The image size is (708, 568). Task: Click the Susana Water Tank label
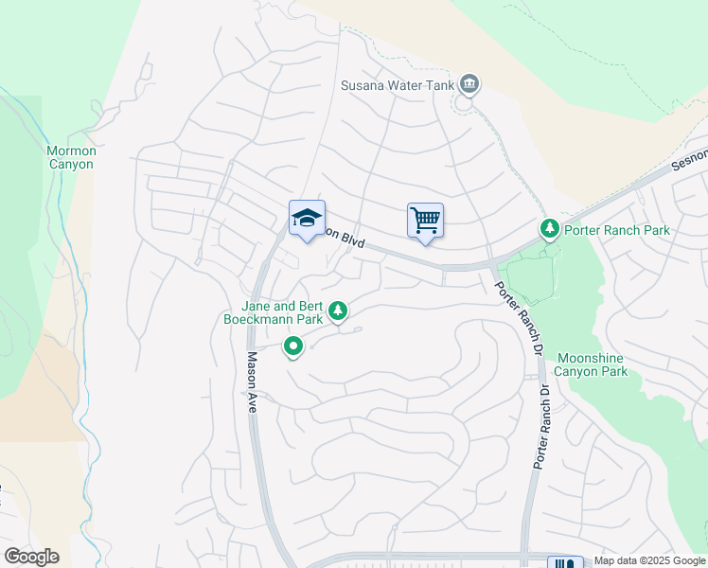398,85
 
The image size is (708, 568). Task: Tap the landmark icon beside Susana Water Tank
469,85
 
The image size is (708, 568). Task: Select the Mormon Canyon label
71,157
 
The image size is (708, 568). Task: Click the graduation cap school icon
307,218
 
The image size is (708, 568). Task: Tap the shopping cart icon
425,221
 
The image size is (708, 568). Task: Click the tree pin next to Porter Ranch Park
549,229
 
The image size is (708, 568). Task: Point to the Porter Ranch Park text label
616,230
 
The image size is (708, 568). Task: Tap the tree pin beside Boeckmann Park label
337,311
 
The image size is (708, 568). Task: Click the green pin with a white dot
293,347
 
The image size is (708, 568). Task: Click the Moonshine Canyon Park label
593,364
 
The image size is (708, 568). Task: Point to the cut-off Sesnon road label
689,158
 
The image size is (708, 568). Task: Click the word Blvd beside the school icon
351,241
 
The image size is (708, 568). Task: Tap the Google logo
31,557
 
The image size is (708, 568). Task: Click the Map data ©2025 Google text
649,561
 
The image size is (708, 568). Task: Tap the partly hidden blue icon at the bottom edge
565,562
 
